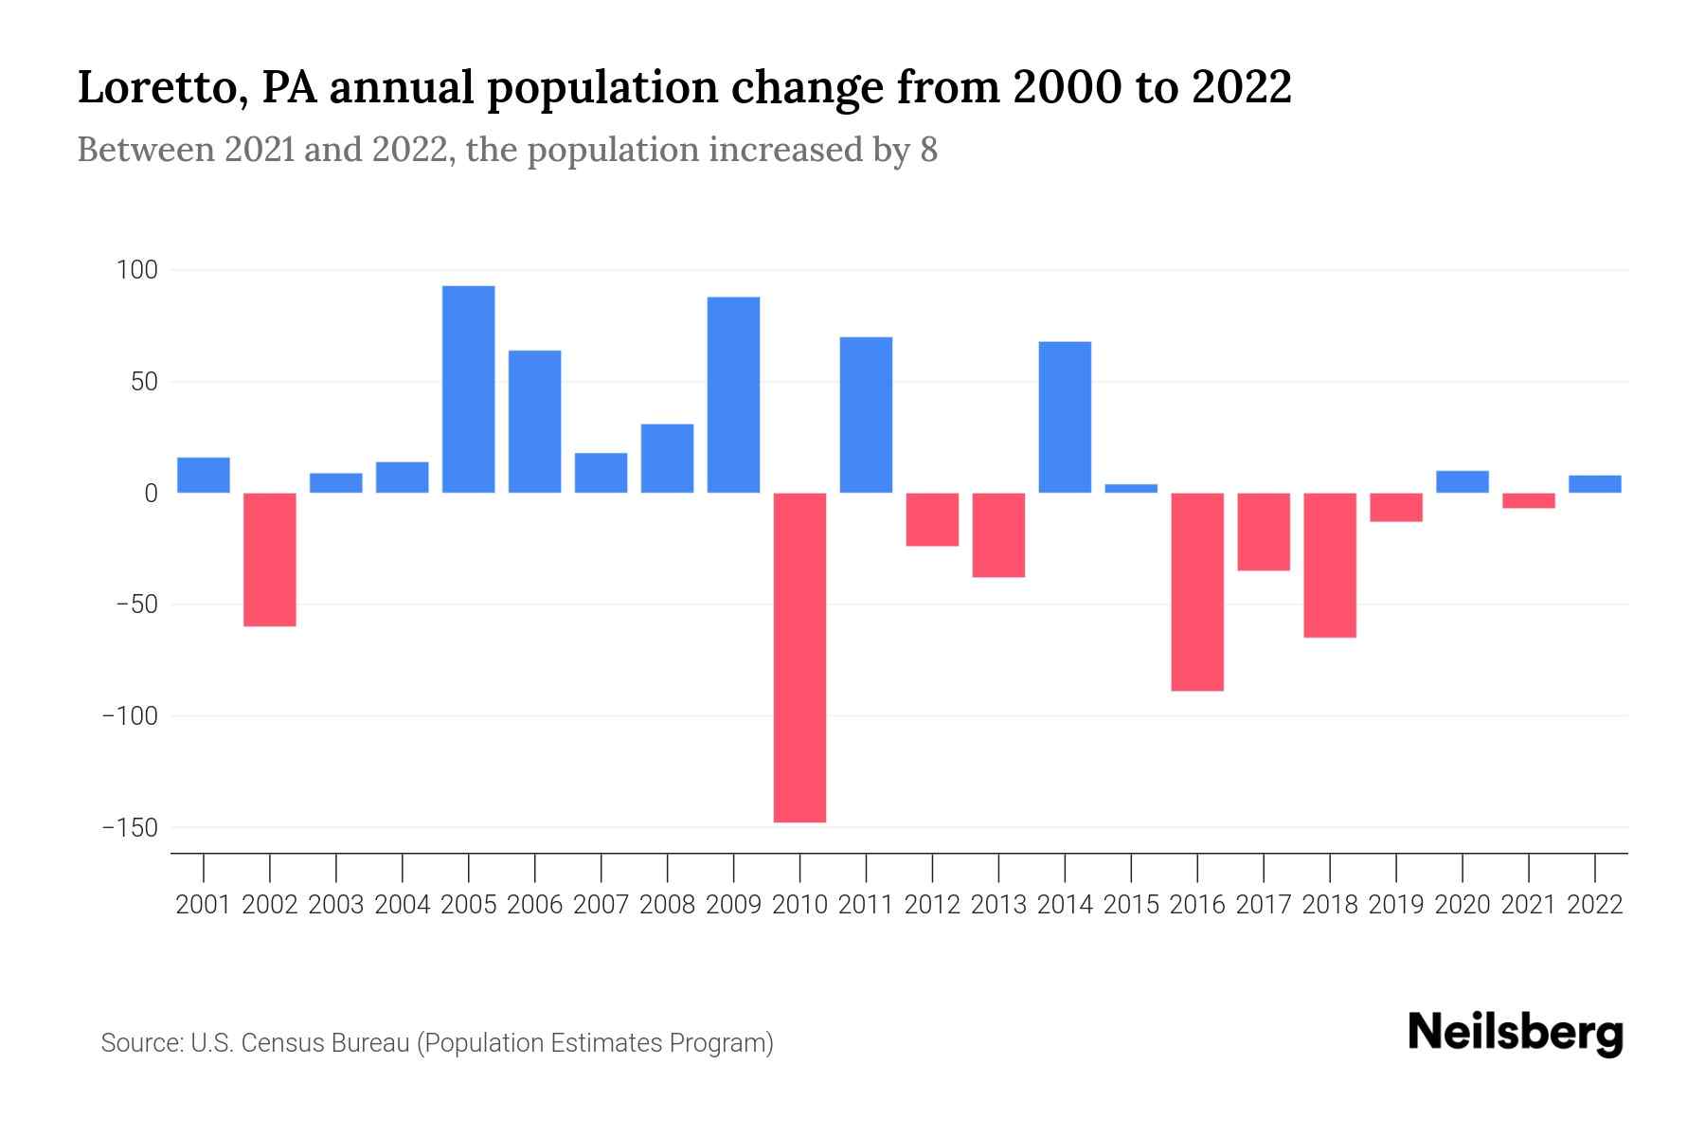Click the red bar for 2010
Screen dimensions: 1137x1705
[x=799, y=657]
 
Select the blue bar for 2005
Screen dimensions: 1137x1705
[x=468, y=389]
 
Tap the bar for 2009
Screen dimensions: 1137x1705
[x=733, y=395]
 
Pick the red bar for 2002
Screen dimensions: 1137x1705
[x=270, y=559]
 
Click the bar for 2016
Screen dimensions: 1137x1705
[x=1197, y=591]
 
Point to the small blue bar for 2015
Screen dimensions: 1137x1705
[x=1131, y=489]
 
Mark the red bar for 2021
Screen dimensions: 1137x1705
[x=1528, y=500]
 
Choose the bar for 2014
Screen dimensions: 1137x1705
[x=1065, y=417]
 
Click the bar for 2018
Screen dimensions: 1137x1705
[x=1330, y=565]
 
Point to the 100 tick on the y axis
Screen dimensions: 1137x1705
[x=136, y=271]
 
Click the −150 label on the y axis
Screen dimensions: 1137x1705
[x=129, y=828]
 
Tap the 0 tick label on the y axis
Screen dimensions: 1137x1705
[x=151, y=494]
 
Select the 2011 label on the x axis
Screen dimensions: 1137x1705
[x=866, y=905]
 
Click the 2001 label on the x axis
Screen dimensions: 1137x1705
[x=204, y=905]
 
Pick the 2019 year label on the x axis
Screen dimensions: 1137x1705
[x=1395, y=905]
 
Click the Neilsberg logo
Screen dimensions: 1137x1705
[x=1515, y=1033]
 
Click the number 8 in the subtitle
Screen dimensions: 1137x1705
[x=928, y=150]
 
